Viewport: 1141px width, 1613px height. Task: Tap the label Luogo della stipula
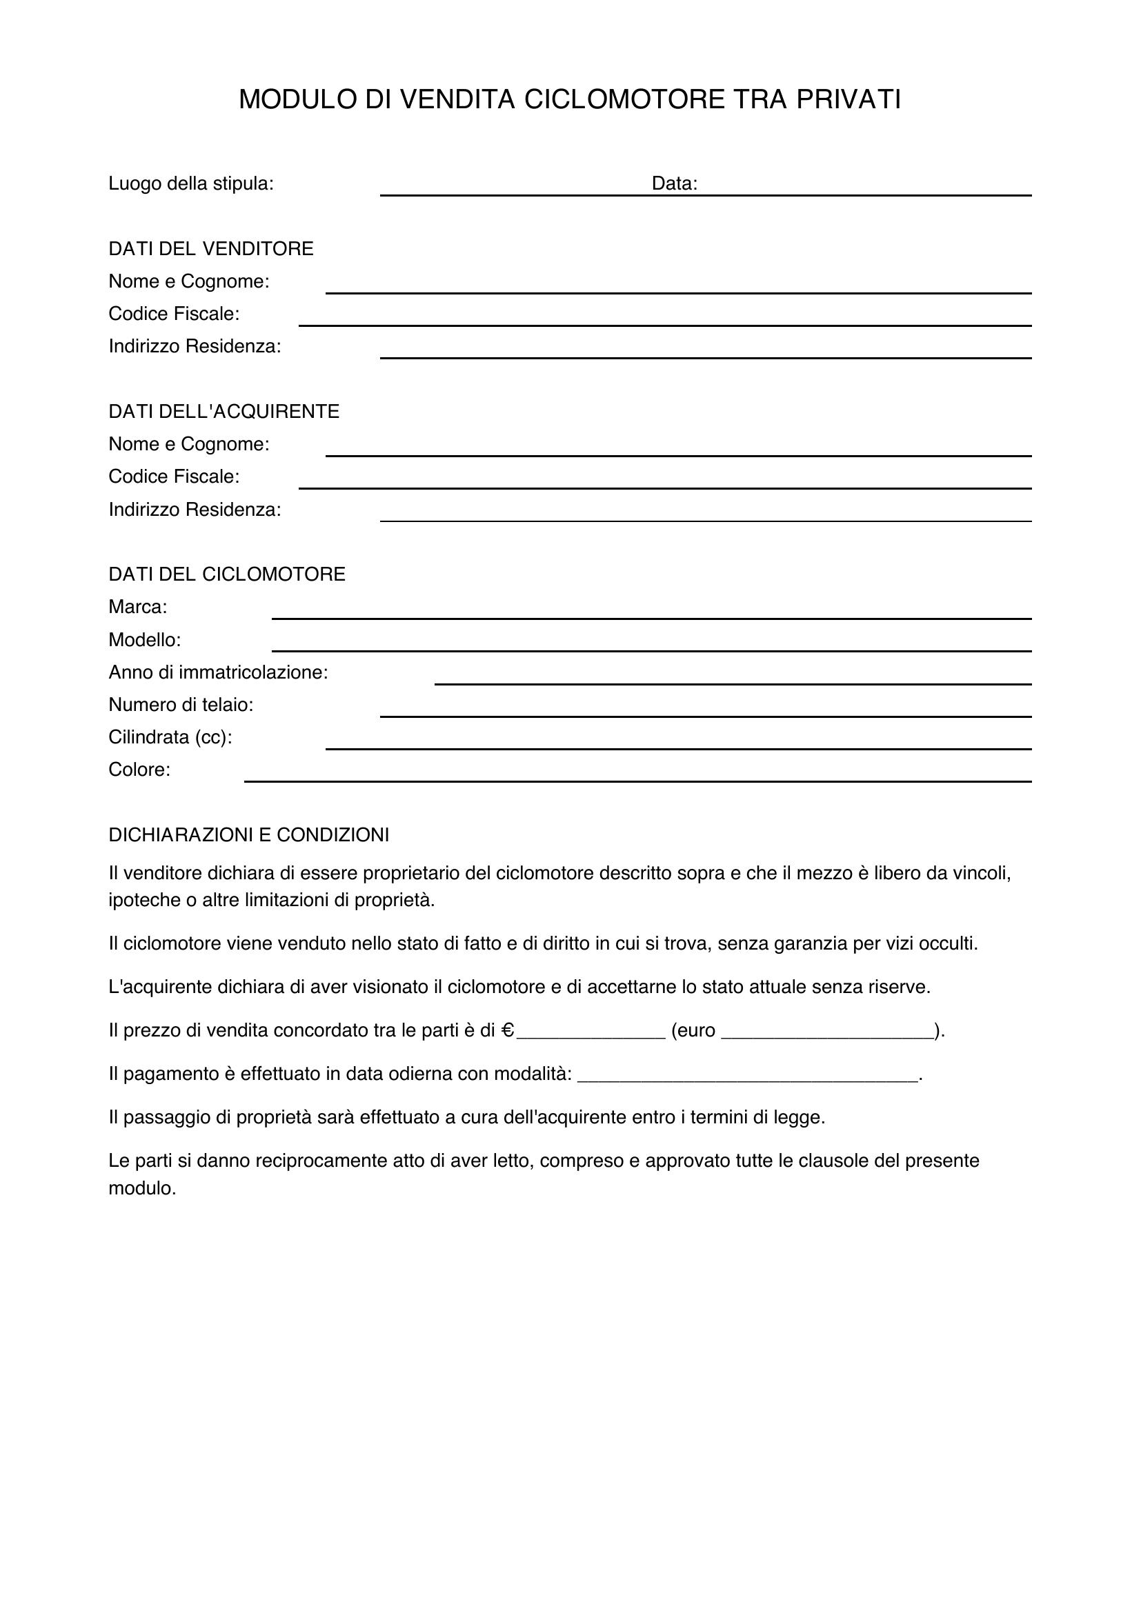[x=190, y=184]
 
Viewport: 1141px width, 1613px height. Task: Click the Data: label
[x=674, y=184]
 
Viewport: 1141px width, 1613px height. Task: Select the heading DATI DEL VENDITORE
[x=211, y=249]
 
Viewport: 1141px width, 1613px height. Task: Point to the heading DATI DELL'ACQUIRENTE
[x=224, y=412]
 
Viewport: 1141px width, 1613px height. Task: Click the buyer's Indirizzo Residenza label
[x=195, y=510]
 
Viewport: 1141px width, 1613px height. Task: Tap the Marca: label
[x=138, y=606]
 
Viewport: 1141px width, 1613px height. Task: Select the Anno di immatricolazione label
[x=218, y=672]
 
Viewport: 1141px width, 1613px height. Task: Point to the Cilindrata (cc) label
[x=170, y=737]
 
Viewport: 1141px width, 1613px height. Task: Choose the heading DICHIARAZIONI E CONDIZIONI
[x=249, y=834]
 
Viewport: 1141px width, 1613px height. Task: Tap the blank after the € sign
[x=591, y=1034]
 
